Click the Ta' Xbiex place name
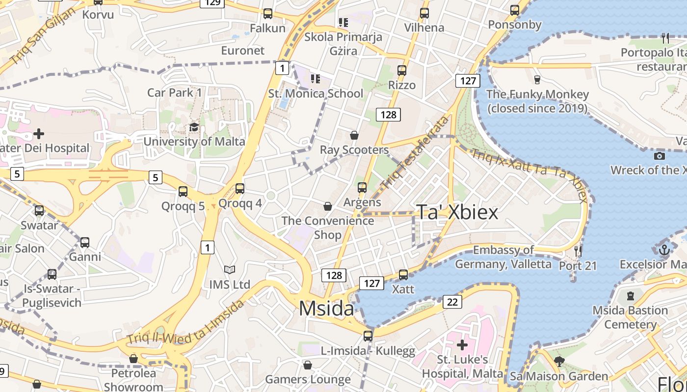(457, 212)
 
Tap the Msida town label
(326, 308)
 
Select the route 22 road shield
(452, 302)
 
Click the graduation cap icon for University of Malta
(194, 127)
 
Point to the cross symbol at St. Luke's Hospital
(462, 345)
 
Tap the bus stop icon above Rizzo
(402, 71)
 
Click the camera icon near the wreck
(660, 156)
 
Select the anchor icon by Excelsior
(664, 250)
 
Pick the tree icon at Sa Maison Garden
(559, 362)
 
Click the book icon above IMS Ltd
(230, 269)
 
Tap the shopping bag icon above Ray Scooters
(354, 135)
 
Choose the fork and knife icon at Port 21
(578, 251)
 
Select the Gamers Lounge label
(308, 379)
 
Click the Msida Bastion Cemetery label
(630, 317)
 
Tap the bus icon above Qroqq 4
(240, 188)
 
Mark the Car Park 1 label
(175, 92)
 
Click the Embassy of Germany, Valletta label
(503, 257)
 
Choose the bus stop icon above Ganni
(85, 242)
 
